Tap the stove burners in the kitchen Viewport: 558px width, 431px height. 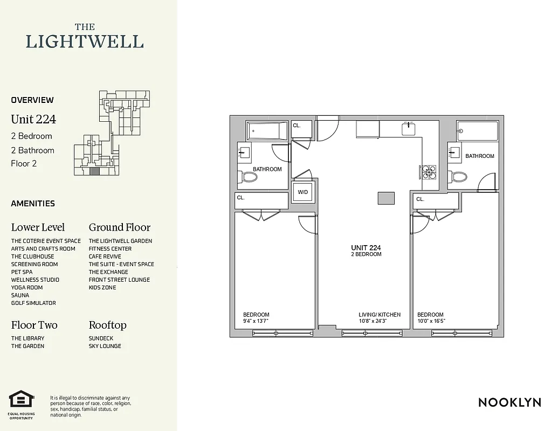coord(429,171)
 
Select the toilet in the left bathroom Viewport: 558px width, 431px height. coord(249,176)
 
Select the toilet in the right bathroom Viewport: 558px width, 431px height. coord(459,176)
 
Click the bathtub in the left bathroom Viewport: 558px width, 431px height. coord(267,131)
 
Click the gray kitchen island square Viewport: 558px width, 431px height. coord(385,198)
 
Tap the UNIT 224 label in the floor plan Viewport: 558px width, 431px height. coord(366,247)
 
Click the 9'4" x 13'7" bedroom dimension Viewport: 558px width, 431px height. coord(256,321)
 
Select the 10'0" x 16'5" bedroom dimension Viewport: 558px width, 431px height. coord(431,321)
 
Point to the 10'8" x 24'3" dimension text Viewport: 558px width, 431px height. coord(373,321)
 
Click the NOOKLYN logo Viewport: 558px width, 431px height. coord(509,402)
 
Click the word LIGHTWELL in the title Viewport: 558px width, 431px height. coord(85,41)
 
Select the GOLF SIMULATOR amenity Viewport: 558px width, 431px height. coord(33,303)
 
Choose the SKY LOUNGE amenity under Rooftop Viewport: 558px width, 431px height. coord(105,346)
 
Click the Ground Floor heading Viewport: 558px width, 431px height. coord(120,227)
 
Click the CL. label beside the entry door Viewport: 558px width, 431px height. coord(297,126)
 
